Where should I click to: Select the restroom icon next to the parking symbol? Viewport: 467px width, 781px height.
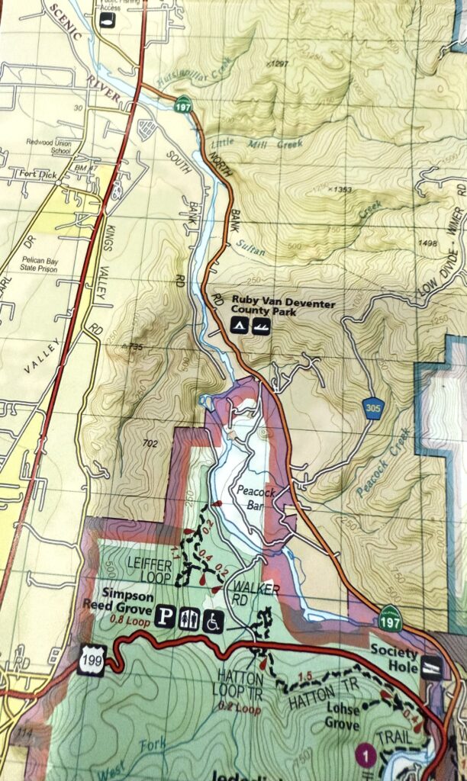click(190, 617)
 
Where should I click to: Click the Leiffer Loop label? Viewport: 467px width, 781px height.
click(150, 568)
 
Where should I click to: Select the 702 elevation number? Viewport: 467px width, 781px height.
click(150, 442)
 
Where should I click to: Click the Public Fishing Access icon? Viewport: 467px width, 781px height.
click(108, 19)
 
